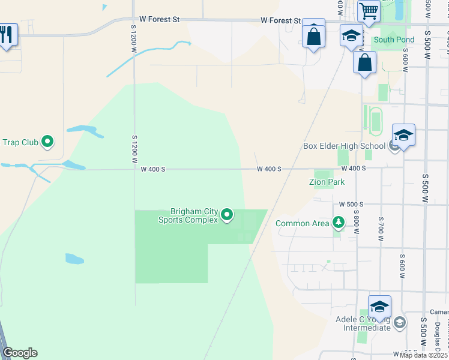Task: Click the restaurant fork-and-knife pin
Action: [6, 34]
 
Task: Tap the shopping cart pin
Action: [369, 11]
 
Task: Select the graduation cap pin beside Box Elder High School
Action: [403, 136]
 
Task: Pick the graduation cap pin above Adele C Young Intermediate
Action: [379, 307]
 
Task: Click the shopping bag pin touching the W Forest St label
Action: [313, 35]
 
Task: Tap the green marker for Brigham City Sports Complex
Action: [227, 214]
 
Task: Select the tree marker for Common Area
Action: [339, 223]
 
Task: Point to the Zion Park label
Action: [327, 181]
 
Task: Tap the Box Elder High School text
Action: [344, 146]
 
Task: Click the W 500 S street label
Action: [352, 205]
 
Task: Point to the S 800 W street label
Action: [356, 218]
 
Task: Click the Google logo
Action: [20, 353]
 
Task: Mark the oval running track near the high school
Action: [376, 121]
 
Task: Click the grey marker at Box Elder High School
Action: [394, 145]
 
